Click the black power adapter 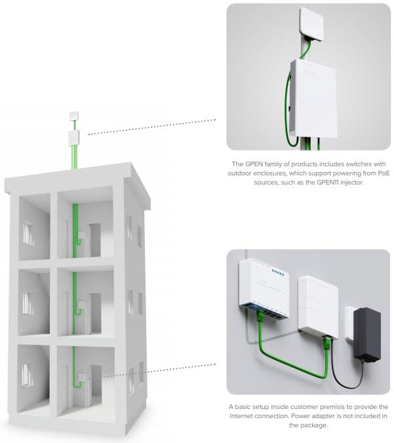coord(366,335)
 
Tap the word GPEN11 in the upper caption coord(328,182)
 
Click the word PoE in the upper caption coord(384,173)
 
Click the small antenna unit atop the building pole coord(74,116)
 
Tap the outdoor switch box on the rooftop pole coord(74,138)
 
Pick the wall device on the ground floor coord(82,378)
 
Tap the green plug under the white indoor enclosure coord(326,343)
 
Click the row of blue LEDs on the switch coord(277,272)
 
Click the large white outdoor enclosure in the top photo coord(313,99)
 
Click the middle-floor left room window coord(28,304)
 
